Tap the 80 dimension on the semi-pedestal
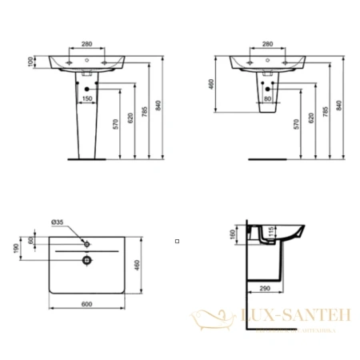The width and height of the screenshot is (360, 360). coord(268,98)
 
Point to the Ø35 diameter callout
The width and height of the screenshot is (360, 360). coord(58,222)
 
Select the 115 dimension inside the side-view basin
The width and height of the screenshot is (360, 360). coord(272,232)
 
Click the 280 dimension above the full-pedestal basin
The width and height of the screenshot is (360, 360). coord(87,43)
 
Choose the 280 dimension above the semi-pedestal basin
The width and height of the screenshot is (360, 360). coord(268,43)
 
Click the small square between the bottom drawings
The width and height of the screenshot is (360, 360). coord(177,240)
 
